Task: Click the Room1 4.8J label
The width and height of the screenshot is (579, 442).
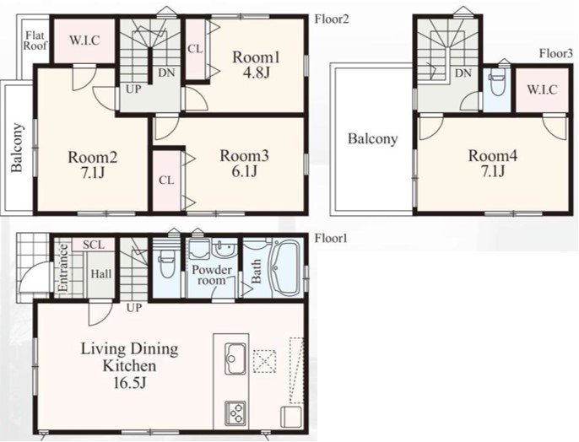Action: [x=257, y=65]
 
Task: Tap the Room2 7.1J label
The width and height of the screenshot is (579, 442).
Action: [x=93, y=164]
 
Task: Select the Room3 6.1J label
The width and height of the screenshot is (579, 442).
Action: [x=245, y=163]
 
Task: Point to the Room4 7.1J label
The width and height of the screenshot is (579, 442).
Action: [x=493, y=163]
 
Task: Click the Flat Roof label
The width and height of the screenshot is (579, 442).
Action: [x=35, y=40]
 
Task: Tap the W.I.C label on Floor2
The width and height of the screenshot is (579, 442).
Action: [x=84, y=40]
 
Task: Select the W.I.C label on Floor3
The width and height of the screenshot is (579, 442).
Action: [x=542, y=89]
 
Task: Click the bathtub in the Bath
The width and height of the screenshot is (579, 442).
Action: [x=286, y=268]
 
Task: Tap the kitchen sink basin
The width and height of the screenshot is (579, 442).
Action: [x=235, y=358]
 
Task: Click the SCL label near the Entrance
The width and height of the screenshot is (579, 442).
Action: [x=94, y=245]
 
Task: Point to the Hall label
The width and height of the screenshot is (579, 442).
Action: [x=101, y=274]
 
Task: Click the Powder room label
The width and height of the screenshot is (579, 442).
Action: [x=212, y=275]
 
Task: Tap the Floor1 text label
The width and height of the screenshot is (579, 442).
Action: [x=331, y=239]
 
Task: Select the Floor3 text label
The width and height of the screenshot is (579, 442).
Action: [x=556, y=54]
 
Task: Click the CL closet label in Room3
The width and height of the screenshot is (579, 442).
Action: [x=166, y=181]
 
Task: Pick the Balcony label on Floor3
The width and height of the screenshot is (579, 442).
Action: [x=373, y=139]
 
